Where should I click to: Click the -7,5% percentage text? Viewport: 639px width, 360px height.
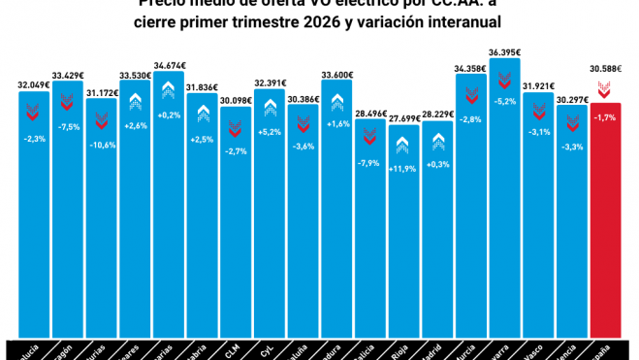(68, 125)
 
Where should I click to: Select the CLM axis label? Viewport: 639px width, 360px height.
(236, 345)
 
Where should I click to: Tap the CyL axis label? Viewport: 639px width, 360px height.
(269, 345)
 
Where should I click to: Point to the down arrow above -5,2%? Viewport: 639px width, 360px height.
(504, 77)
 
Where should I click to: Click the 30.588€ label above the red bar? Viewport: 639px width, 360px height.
(605, 69)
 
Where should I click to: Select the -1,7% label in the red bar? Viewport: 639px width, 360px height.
(605, 117)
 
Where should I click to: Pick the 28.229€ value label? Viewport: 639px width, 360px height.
(437, 114)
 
